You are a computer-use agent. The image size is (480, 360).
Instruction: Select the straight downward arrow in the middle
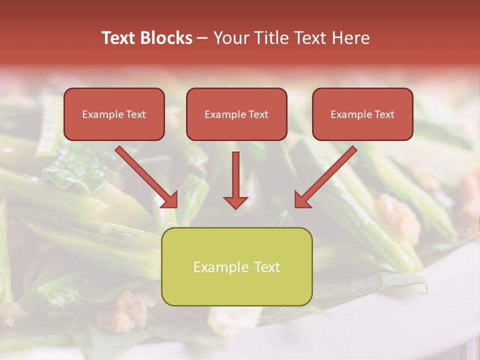coord(235,175)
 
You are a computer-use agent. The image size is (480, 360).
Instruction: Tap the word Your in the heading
coord(228,38)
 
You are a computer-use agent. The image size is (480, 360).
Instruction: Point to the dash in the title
coord(202,38)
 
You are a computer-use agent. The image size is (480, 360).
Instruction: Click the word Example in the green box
coord(220,267)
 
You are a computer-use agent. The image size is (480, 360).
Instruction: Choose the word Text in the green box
coord(265,267)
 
